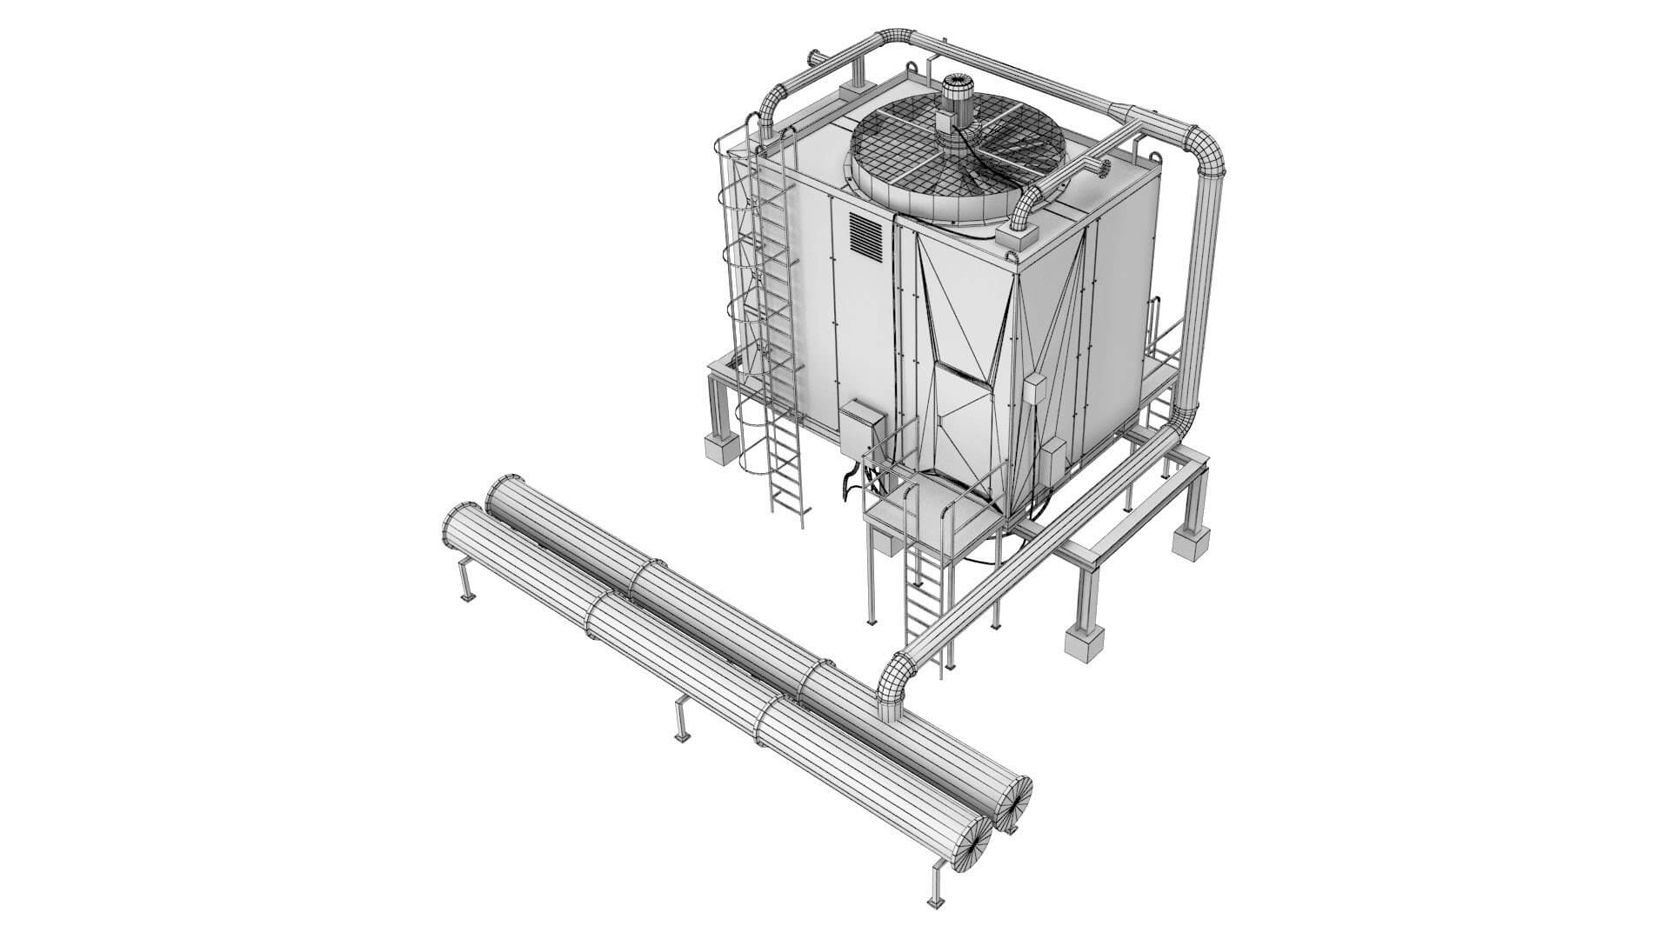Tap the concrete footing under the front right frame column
[x=1085, y=643]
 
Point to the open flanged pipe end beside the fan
[x=1106, y=166]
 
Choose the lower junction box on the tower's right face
[x=1054, y=463]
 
